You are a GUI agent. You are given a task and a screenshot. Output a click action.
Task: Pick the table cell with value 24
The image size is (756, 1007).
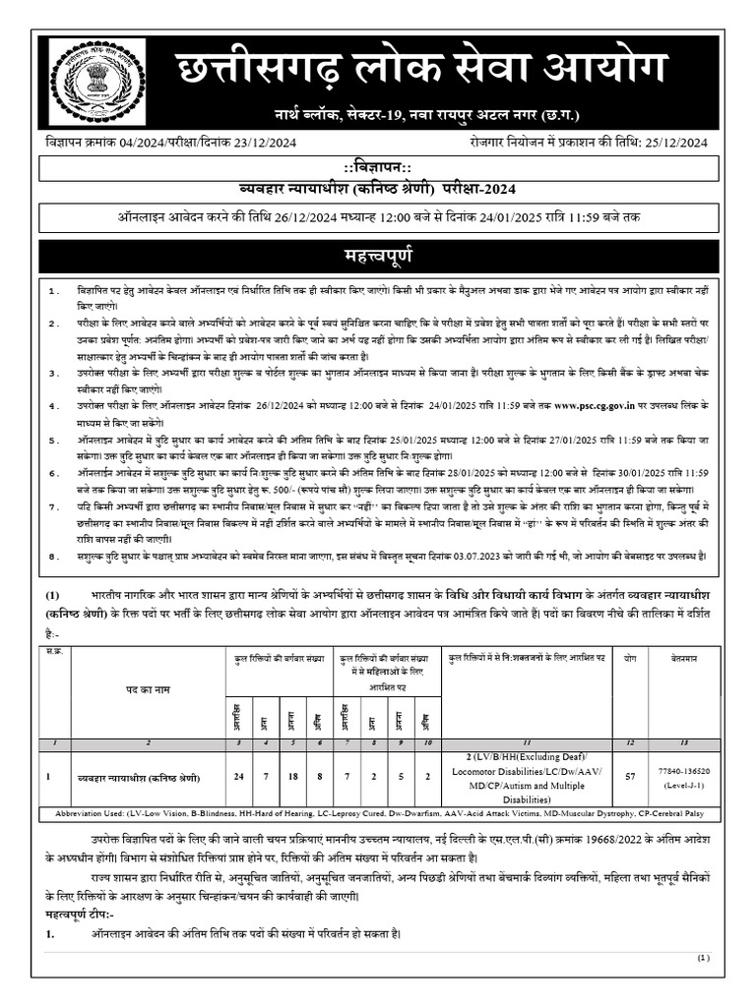pos(238,776)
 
